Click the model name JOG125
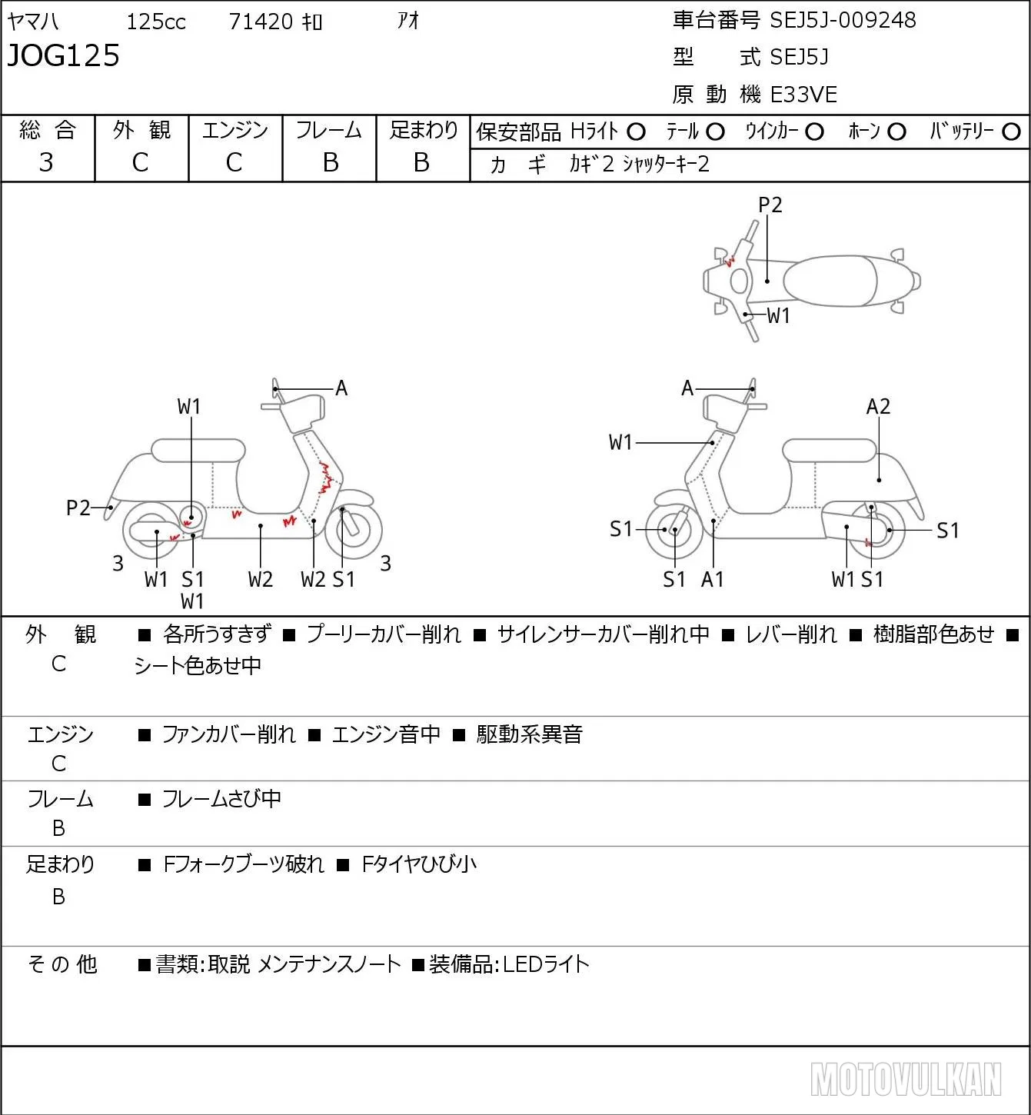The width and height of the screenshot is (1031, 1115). (64, 55)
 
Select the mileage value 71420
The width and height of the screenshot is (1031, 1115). (261, 22)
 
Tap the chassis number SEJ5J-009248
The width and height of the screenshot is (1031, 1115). (843, 20)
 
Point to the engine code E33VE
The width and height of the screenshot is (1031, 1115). (803, 95)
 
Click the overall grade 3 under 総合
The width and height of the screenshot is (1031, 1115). (46, 162)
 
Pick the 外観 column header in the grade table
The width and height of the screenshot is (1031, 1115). (141, 130)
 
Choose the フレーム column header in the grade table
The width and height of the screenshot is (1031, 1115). (328, 130)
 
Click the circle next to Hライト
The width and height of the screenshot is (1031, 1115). (637, 132)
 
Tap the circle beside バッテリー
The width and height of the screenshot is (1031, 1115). (1011, 132)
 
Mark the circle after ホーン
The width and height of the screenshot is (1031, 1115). (896, 132)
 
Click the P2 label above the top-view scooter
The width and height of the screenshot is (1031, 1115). (770, 205)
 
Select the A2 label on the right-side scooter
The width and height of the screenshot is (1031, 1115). (878, 407)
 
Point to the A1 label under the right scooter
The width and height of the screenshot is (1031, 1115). (713, 579)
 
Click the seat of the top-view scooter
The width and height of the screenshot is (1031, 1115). (830, 281)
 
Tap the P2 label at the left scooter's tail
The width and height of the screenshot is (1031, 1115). (78, 508)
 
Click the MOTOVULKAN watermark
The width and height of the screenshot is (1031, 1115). (906, 1079)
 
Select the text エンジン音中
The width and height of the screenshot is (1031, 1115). (387, 734)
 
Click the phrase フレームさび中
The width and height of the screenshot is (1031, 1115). (221, 799)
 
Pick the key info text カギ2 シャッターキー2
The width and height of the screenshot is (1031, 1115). (640, 165)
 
